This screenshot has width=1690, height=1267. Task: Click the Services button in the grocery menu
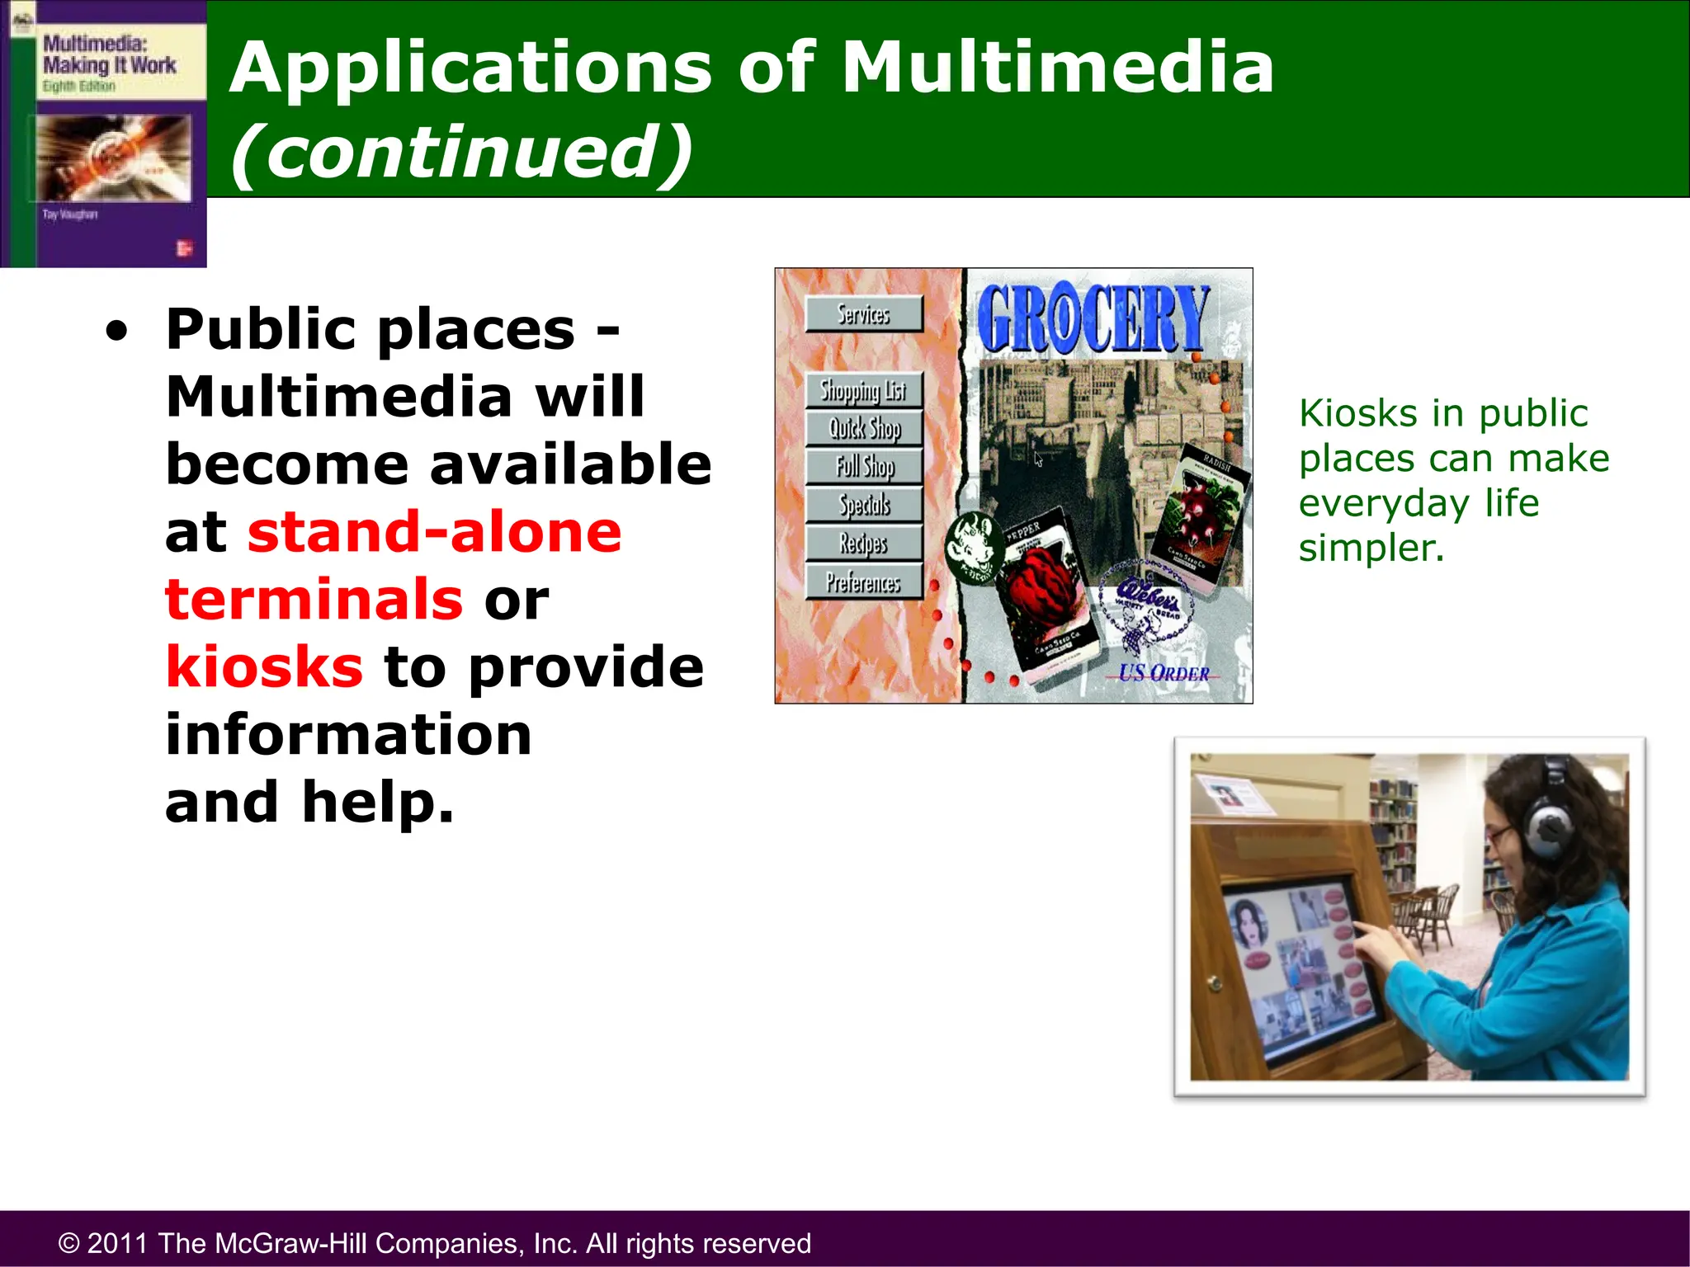[864, 314]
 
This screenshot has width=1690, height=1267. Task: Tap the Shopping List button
[863, 390]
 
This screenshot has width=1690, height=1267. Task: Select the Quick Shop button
[864, 429]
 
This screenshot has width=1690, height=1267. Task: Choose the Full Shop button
[864, 467]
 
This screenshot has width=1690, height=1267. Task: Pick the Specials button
[864, 505]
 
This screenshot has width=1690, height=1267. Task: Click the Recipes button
[863, 544]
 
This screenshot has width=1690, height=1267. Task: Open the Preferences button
[863, 582]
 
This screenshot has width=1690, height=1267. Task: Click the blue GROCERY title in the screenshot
[1093, 319]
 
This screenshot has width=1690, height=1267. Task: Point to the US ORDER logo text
[1164, 673]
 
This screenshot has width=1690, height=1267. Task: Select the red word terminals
[314, 599]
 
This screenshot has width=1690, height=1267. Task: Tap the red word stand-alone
[434, 531]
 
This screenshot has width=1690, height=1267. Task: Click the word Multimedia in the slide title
[1057, 68]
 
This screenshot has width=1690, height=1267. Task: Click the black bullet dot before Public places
[117, 331]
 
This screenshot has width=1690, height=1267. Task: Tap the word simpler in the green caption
[1371, 548]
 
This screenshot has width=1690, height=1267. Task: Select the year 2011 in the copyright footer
[118, 1243]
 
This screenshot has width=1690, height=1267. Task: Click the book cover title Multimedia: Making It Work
[109, 54]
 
